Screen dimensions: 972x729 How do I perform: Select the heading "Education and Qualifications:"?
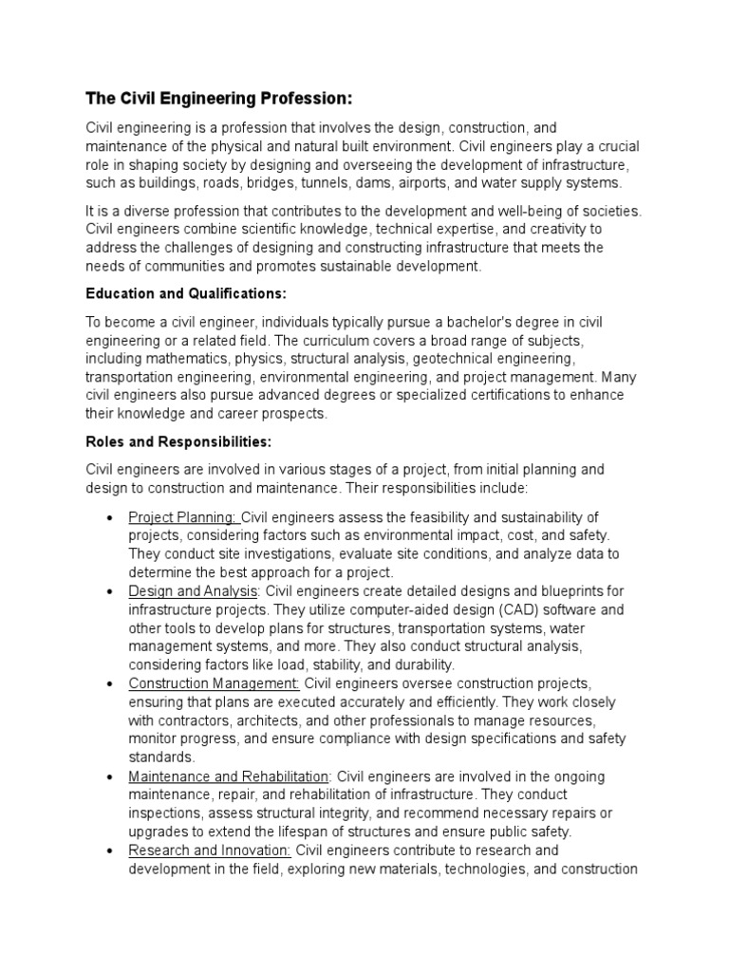point(186,294)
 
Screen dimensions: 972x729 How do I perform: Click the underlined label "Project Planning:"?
point(183,516)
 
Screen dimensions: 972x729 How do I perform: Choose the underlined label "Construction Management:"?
point(215,683)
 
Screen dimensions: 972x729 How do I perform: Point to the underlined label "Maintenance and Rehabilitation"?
point(229,776)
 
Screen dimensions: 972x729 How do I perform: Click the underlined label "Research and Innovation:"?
point(210,850)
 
